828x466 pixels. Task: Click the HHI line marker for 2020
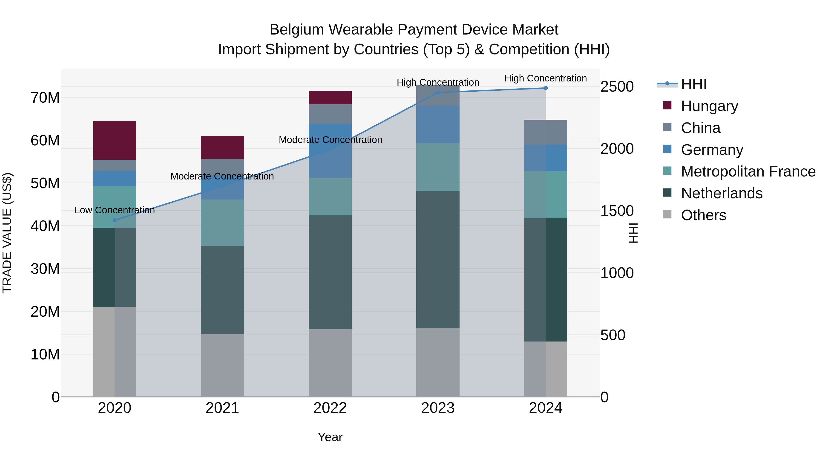(115, 220)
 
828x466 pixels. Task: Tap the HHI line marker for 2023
(438, 93)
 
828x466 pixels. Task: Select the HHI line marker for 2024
(546, 88)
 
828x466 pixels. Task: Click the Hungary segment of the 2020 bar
(115, 141)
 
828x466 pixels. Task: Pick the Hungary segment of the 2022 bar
(330, 97)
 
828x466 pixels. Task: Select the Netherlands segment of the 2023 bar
(438, 260)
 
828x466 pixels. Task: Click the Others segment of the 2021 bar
(222, 365)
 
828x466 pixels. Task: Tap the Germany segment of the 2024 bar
(546, 158)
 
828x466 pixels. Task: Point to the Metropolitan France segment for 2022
(330, 197)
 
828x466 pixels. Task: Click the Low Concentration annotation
(115, 210)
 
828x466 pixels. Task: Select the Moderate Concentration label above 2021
(222, 177)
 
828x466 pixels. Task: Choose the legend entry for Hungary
(709, 106)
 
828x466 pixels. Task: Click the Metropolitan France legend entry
(748, 172)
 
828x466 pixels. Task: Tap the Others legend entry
(703, 215)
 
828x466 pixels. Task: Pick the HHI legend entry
(694, 84)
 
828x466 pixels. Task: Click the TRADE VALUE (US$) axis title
(7, 233)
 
